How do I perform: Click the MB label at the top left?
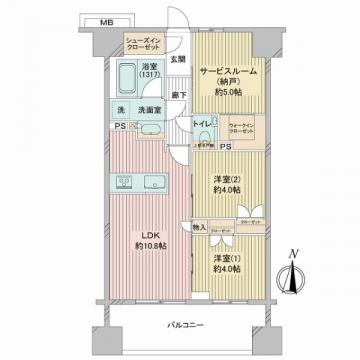pos(106,20)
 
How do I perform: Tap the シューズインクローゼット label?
pos(143,43)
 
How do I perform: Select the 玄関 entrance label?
pos(177,60)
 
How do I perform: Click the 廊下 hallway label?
pos(177,94)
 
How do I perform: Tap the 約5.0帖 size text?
pos(228,89)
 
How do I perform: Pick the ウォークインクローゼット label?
pos(241,128)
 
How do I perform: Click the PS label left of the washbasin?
pos(119,126)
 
